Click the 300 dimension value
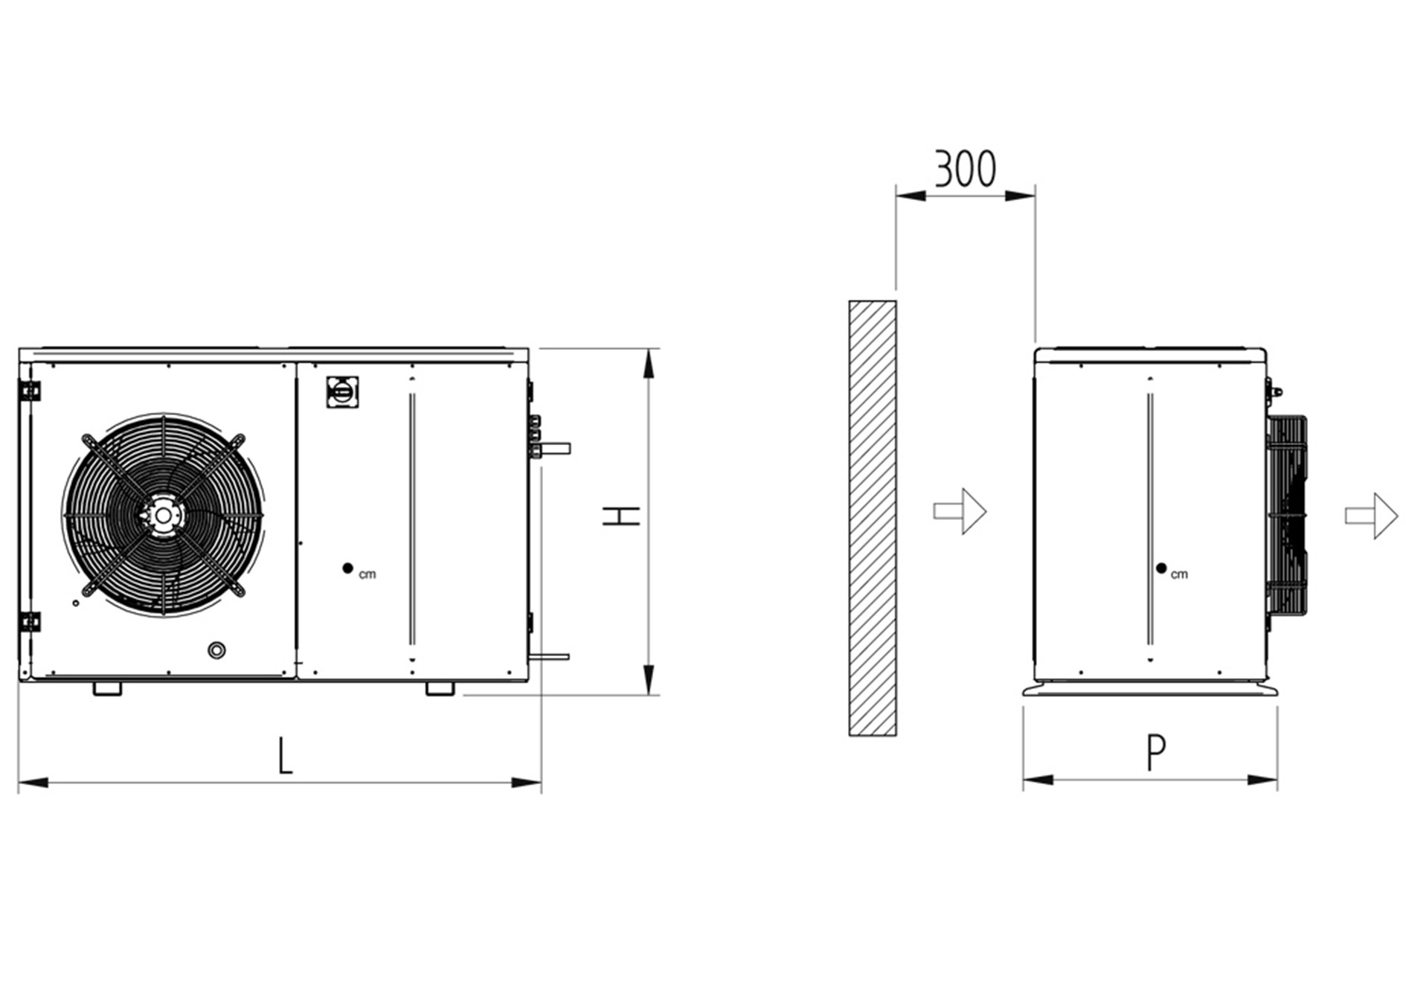click(965, 169)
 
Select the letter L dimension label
click(285, 756)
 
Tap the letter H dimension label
click(621, 516)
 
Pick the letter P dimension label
click(1155, 753)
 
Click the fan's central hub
click(162, 515)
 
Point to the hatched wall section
click(873, 518)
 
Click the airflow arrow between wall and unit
click(960, 511)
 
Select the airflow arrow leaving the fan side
click(1372, 516)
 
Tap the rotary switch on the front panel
click(339, 391)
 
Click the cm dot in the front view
click(347, 568)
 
